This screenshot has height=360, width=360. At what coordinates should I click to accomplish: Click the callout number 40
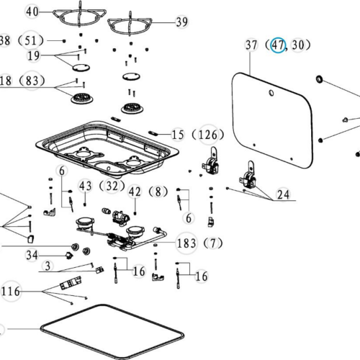[32, 12]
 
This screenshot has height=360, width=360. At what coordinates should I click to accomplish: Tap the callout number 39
[181, 22]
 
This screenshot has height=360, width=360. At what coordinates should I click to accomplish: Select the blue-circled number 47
[278, 45]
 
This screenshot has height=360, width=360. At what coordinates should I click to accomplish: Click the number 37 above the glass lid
[251, 45]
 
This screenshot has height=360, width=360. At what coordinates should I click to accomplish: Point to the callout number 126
[208, 135]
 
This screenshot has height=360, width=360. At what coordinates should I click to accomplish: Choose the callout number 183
[186, 243]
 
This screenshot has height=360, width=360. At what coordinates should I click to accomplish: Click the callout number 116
[11, 292]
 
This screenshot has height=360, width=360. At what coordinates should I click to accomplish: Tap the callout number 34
[32, 255]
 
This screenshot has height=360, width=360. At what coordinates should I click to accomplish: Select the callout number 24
[283, 194]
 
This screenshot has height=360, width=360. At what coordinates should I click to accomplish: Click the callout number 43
[86, 186]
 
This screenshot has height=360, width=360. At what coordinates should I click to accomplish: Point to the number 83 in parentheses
[32, 81]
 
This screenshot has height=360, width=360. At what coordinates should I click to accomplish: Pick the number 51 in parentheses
[31, 40]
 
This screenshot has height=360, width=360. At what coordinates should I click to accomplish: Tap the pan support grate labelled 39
[130, 26]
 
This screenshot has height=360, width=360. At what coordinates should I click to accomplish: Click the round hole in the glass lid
[271, 93]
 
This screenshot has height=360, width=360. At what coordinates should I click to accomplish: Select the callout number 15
[178, 135]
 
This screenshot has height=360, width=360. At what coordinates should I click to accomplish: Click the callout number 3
[48, 266]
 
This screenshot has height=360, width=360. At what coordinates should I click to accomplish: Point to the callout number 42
[135, 192]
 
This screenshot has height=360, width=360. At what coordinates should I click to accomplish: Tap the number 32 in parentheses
[112, 186]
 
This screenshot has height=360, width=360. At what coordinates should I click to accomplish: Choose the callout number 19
[34, 55]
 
